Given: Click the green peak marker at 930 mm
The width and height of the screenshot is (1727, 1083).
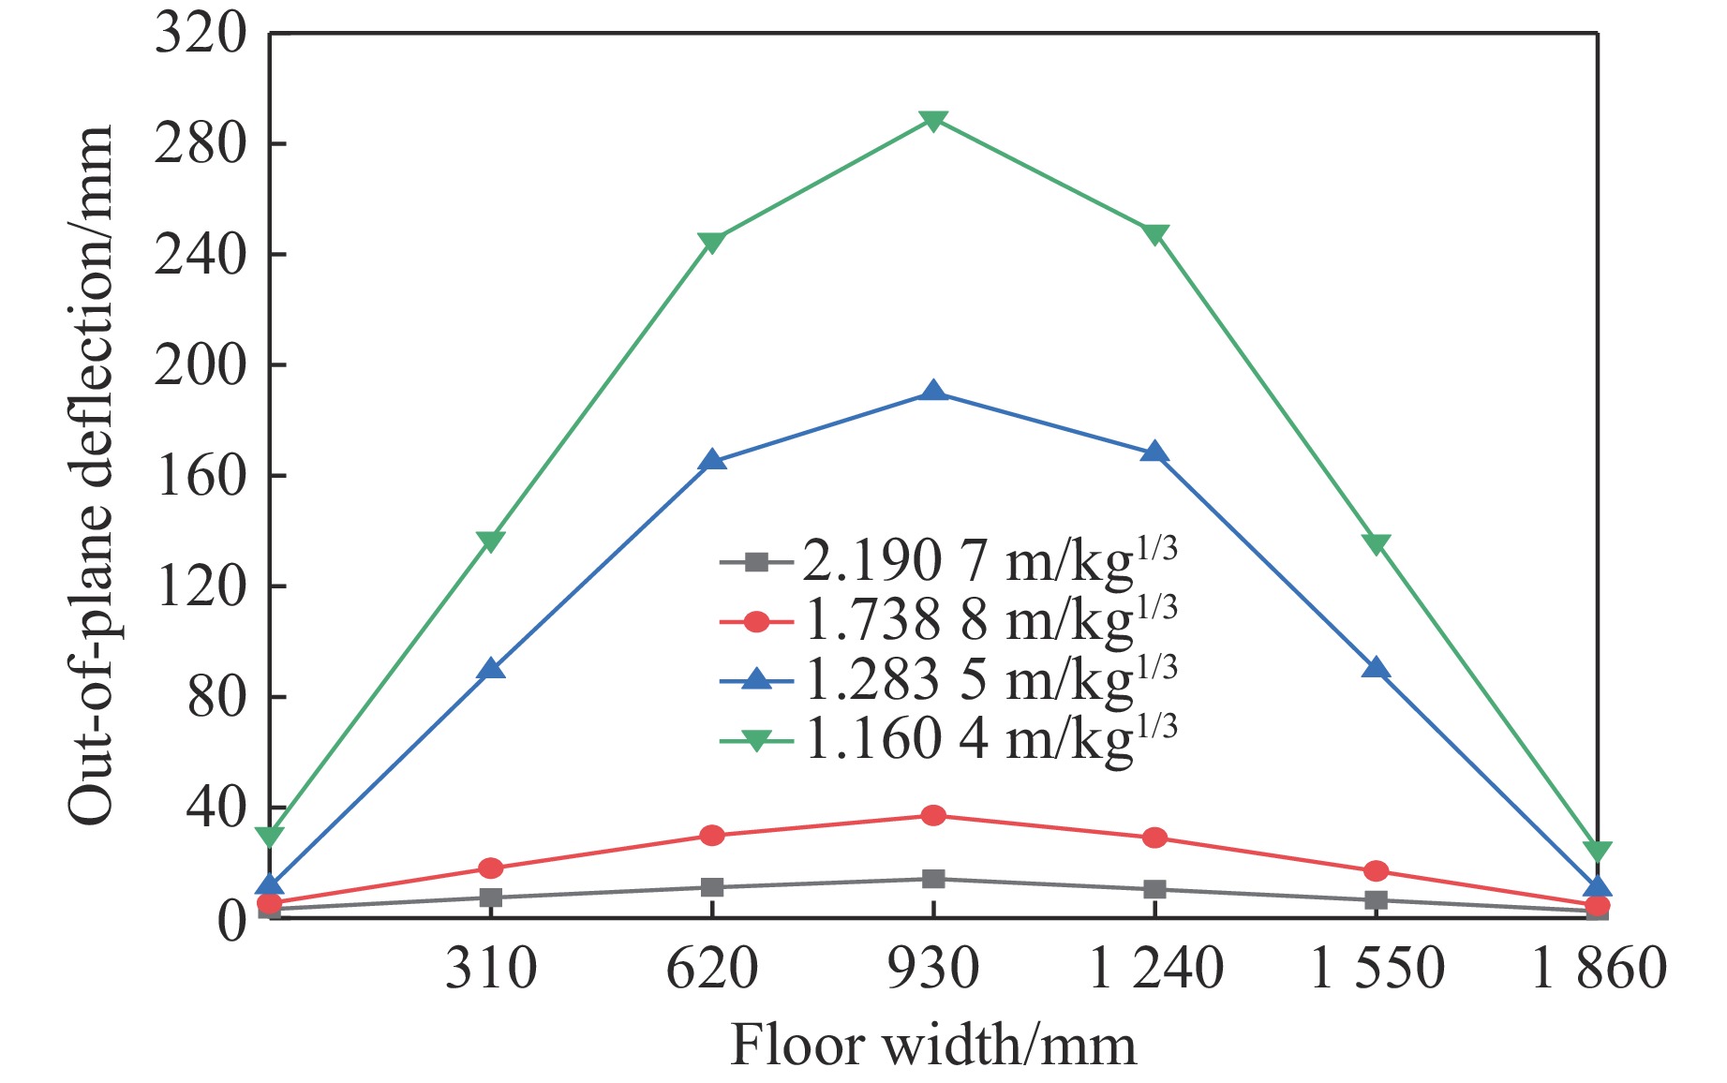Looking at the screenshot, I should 932,121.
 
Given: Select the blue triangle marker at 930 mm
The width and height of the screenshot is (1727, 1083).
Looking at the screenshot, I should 932,392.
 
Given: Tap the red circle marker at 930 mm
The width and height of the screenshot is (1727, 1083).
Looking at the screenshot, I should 932,815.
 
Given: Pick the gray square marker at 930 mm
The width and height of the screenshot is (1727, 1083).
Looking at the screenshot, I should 932,879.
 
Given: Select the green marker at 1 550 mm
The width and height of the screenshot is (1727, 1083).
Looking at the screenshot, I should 1376,544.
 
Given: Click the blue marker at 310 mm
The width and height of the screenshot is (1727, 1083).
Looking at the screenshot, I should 490,669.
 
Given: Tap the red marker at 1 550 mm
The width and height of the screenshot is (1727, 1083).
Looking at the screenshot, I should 1376,871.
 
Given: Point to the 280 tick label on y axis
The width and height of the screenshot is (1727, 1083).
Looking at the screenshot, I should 200,144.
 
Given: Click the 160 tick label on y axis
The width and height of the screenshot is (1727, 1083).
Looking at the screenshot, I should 200,476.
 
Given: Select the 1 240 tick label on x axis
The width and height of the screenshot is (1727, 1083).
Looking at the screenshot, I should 1155,968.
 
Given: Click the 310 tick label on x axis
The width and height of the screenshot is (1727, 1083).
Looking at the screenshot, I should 490,968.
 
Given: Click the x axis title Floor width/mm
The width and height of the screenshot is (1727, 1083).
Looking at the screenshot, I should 932,1045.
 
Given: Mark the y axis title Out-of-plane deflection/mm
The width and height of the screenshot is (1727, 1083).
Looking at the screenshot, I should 91,475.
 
